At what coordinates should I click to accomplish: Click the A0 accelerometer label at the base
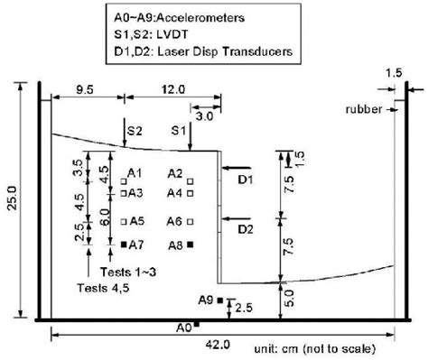(x=183, y=327)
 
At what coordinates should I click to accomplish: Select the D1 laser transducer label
(x=246, y=180)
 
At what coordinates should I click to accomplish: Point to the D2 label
(x=246, y=229)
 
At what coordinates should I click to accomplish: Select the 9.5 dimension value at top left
(x=85, y=90)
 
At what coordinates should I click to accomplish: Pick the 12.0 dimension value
(x=175, y=90)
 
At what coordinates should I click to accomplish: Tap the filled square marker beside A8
(x=190, y=244)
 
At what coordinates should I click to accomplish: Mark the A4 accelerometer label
(x=175, y=192)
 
